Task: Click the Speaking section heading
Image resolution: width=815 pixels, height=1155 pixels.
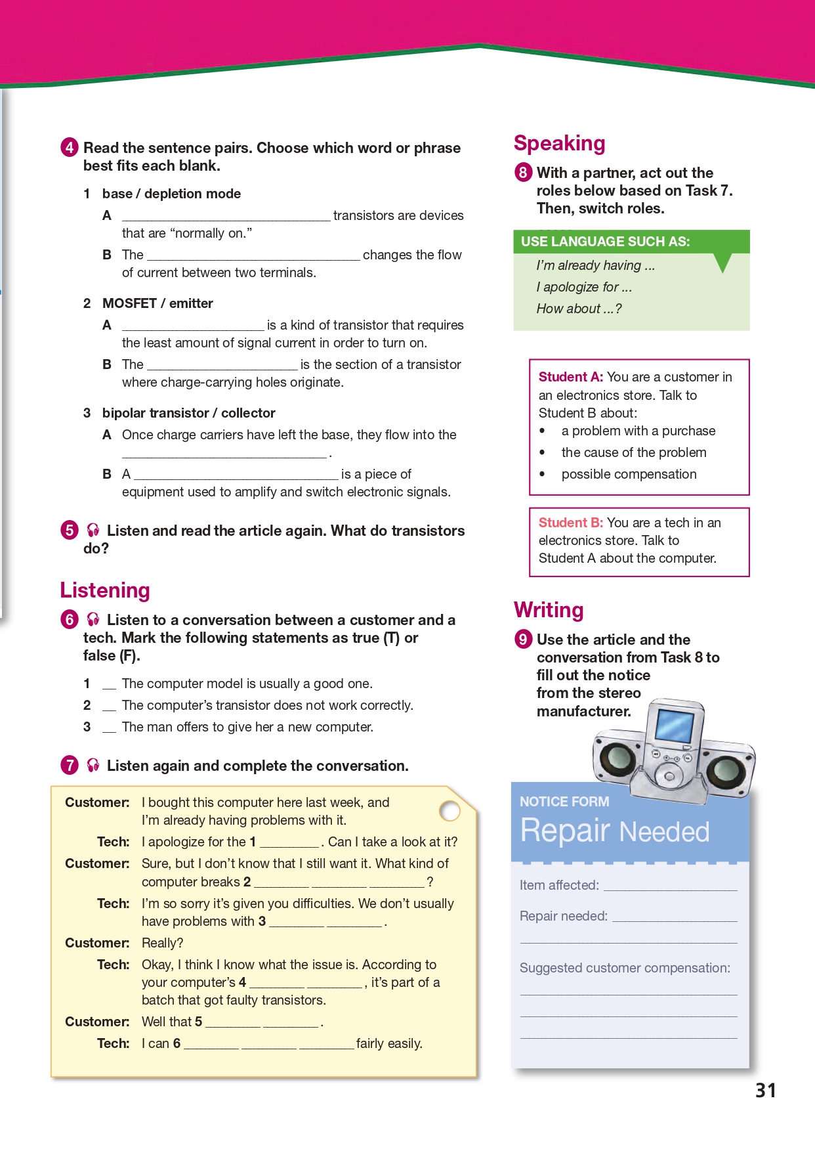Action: coord(559,143)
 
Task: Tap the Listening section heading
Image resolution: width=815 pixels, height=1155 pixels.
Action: coord(105,590)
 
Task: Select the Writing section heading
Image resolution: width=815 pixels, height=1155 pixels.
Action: coord(549,610)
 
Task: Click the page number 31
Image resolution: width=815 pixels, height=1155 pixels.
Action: coord(766,1091)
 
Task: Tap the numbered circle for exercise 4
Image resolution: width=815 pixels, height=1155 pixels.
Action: coord(70,147)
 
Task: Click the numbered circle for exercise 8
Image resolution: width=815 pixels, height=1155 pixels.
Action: coord(523,173)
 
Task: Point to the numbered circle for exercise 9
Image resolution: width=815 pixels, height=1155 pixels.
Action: coord(523,639)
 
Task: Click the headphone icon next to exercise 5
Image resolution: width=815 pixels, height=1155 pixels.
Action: coord(93,530)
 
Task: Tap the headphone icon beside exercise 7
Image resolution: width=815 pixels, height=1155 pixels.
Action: coord(93,765)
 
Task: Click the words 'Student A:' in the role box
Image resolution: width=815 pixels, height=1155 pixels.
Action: coord(570,377)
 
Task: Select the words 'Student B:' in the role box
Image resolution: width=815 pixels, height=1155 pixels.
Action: coord(570,523)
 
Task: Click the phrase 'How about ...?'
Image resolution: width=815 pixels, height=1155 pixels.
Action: coord(579,309)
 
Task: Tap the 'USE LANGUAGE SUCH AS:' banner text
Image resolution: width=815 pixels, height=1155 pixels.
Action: coord(605,242)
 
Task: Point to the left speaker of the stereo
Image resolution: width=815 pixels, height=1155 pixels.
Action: coord(616,756)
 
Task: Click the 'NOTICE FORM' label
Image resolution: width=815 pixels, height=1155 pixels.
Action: coord(564,802)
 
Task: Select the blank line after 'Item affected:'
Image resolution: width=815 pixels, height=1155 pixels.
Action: coord(670,886)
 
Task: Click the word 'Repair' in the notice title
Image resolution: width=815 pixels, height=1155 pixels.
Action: coord(565,831)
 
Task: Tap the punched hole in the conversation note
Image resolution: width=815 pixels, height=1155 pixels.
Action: coord(450,811)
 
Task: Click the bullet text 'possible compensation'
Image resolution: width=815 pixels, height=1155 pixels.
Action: coord(629,474)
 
